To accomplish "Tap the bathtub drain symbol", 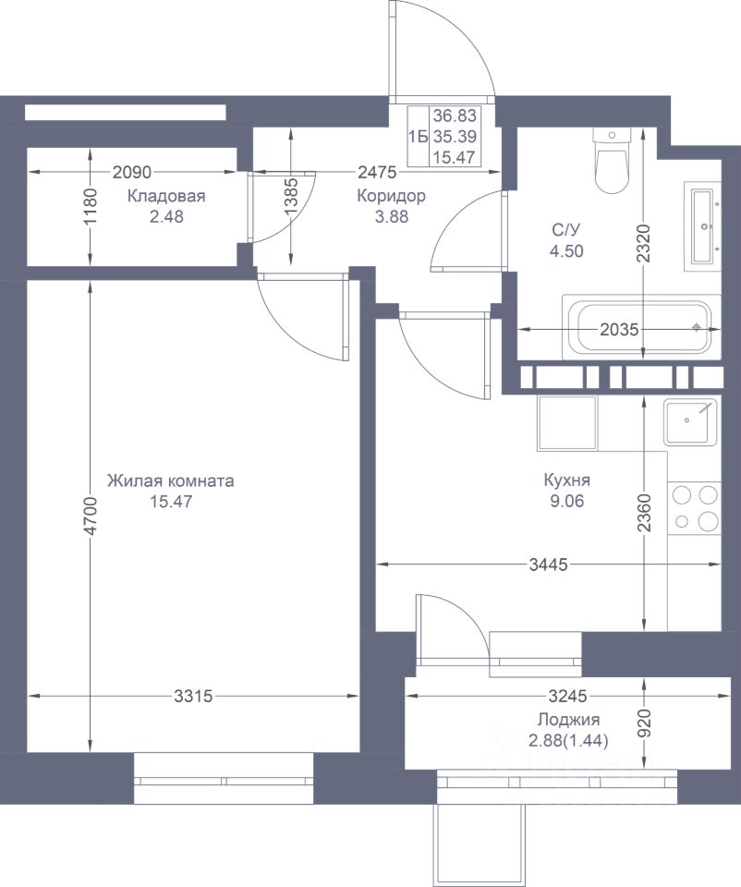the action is (697, 327).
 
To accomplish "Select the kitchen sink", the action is (690, 422).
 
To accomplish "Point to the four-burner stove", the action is (695, 507).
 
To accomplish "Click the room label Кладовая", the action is (165, 196).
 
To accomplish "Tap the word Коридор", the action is (392, 196).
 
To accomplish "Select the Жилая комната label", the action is (170, 480).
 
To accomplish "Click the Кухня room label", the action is (566, 480).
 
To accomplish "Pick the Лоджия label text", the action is (568, 720).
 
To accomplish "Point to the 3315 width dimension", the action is (193, 696).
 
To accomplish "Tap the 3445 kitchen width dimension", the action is (548, 565).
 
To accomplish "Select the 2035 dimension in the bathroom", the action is (619, 329).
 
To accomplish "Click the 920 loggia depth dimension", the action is (645, 723).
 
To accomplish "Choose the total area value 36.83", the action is (455, 116).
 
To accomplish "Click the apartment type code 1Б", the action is (418, 137).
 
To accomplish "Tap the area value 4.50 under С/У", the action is (566, 250).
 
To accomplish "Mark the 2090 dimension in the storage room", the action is (132, 172).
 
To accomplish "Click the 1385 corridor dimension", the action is (291, 197).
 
